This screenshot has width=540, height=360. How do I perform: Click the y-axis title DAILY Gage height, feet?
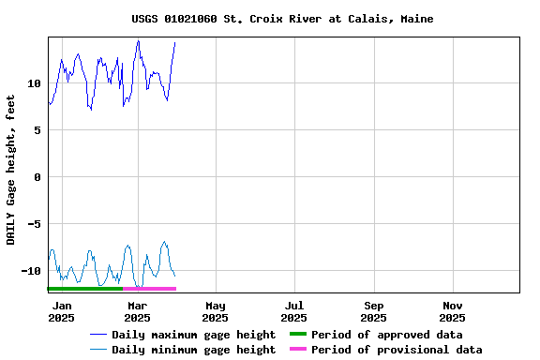(11, 170)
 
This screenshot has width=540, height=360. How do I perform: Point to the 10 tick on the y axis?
(34, 83)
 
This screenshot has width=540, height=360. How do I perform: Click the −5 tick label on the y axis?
(34, 224)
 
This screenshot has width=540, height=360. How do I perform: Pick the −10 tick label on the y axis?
(31, 271)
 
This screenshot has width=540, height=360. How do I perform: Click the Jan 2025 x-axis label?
(61, 311)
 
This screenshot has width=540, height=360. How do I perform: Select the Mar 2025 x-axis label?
(137, 311)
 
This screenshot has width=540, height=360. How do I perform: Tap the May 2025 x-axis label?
(216, 311)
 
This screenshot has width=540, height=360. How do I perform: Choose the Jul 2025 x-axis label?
(294, 311)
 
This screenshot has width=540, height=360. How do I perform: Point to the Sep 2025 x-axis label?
(374, 311)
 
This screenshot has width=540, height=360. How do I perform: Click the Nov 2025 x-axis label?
(453, 311)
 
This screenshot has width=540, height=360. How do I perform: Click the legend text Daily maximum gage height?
(193, 335)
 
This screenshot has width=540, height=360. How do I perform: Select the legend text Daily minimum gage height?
(193, 350)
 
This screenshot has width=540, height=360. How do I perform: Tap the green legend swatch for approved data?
(296, 335)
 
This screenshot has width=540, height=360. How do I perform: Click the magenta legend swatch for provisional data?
(296, 350)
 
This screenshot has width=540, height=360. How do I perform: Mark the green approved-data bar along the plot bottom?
(85, 289)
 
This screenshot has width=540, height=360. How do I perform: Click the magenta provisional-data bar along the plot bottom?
(149, 289)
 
